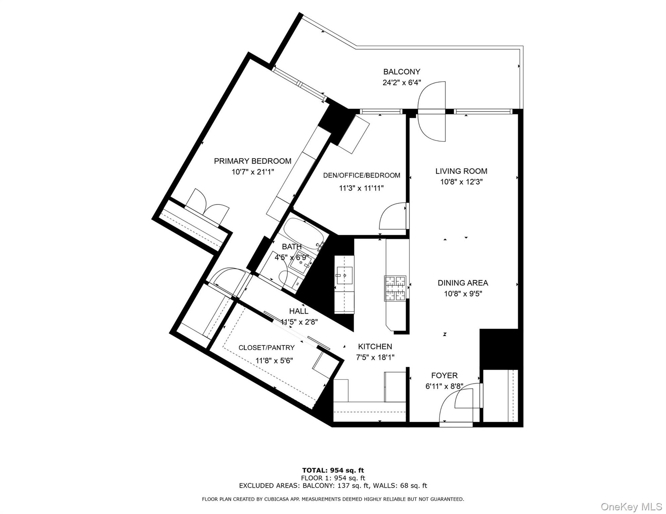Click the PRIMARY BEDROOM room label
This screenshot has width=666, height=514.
point(253,161)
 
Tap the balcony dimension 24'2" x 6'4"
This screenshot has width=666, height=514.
point(402,82)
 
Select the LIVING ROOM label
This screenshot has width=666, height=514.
point(461,171)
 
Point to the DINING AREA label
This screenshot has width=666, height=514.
point(463,283)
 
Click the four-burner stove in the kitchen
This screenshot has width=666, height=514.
point(395,288)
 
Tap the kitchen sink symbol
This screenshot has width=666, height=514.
point(344,275)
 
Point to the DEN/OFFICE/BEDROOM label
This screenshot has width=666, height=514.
point(361,175)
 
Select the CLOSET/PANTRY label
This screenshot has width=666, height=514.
point(266,348)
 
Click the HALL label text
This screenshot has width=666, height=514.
point(298,311)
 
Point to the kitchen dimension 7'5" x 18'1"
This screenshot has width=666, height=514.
point(375,357)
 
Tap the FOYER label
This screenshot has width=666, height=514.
point(444,375)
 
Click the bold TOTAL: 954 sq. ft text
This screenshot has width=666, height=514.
point(333,470)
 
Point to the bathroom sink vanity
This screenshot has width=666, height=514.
point(300,263)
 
